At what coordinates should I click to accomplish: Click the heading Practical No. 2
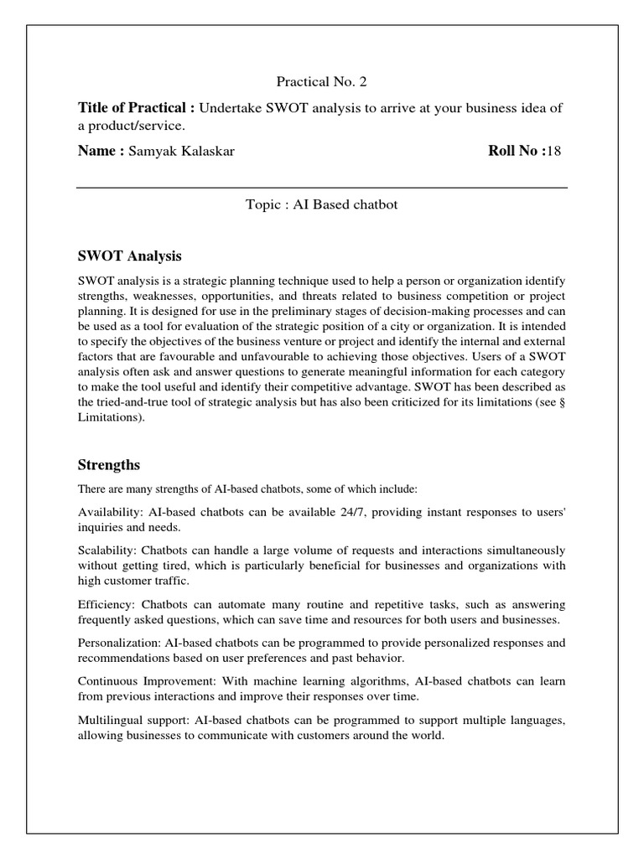(x=322, y=81)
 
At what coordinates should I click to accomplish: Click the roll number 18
(x=553, y=151)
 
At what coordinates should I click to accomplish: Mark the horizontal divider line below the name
(x=322, y=188)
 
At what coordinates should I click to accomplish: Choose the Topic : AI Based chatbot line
(x=322, y=205)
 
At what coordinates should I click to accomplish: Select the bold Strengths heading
(x=109, y=464)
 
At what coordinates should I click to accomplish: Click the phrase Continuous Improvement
(x=146, y=681)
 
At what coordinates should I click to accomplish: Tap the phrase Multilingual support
(x=133, y=721)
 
